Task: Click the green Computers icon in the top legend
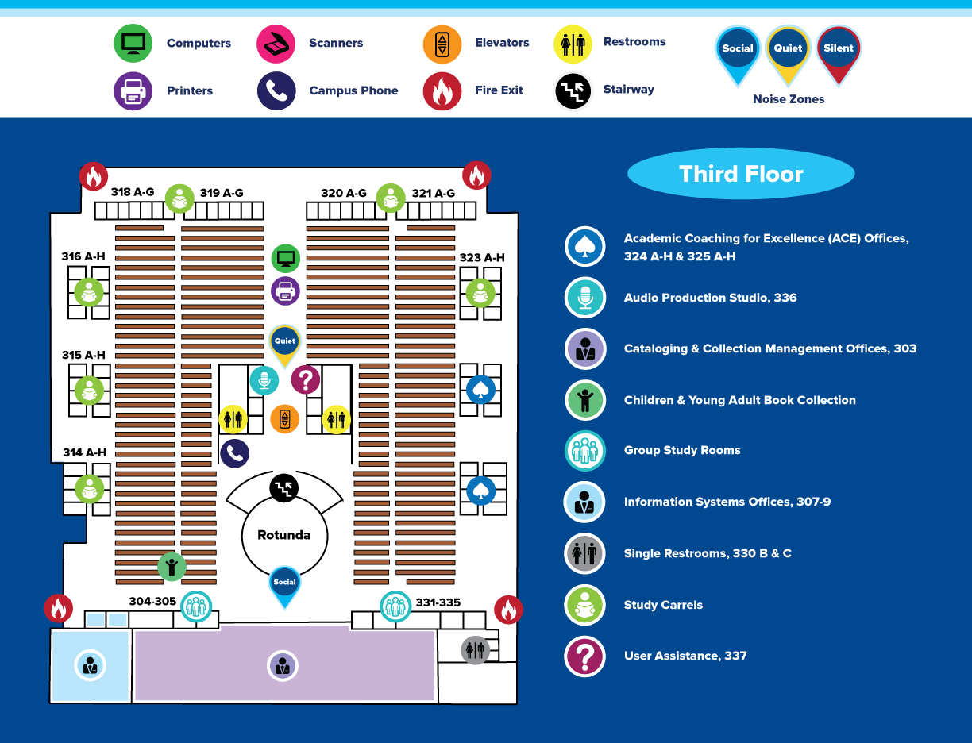coord(133,43)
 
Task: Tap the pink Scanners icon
coord(276,44)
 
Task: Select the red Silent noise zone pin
coord(839,54)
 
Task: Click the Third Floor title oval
coord(741,174)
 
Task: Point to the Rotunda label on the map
coord(283,535)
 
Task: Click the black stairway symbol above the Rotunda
coord(283,488)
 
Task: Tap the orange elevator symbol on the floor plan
coord(285,418)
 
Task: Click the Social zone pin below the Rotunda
coord(284,587)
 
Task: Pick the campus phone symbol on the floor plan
coord(235,453)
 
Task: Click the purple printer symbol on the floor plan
coord(285,291)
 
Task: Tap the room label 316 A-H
coord(83,256)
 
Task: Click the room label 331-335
coord(438,602)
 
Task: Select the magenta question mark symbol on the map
coord(306,379)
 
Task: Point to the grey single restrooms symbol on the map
coord(475,650)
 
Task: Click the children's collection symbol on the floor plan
coord(172,567)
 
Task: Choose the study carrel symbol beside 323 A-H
coord(480,293)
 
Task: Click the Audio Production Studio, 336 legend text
coord(710,298)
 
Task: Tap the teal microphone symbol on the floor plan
coord(264,380)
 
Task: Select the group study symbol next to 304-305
coord(196,606)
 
